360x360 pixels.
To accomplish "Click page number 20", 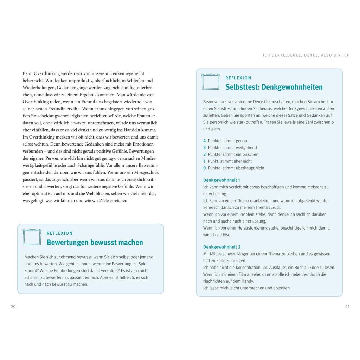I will click(13, 307).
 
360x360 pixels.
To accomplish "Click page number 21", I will click(347, 307).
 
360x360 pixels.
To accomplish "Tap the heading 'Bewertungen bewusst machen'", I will click(95, 243).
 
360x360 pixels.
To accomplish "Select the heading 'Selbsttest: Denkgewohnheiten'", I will click(274, 87).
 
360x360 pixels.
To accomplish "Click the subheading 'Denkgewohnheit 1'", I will click(221, 180).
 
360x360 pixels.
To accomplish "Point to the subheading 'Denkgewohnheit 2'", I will click(222, 247).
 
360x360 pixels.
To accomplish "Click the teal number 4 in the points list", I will click(205, 141).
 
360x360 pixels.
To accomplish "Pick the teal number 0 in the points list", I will click(205, 168).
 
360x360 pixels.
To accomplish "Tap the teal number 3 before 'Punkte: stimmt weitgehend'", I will click(205, 148).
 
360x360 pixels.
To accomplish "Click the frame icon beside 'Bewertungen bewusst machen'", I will click(32, 237).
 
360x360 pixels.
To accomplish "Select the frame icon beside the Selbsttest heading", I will click(211, 82).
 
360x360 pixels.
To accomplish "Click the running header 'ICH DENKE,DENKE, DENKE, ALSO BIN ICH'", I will click(306, 56).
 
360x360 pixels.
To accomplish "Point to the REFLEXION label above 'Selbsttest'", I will click(238, 78).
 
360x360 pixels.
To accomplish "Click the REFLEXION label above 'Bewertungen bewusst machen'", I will click(59, 233).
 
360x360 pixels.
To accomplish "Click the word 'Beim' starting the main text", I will click(28, 73).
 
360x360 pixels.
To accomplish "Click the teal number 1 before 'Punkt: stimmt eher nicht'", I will click(205, 161).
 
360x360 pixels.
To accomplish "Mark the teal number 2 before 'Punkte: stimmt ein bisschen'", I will click(205, 155).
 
